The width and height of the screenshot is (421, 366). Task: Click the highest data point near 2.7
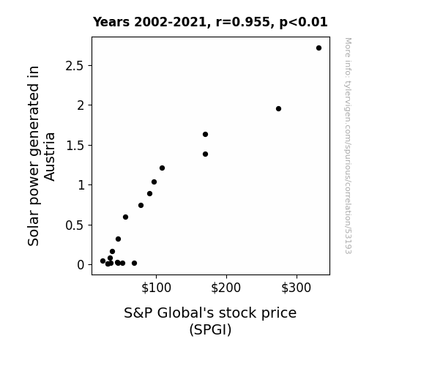318,48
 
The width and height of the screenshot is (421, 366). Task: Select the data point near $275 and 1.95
278,109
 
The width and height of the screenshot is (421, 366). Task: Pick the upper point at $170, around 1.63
206,134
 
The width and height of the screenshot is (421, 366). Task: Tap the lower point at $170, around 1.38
206,154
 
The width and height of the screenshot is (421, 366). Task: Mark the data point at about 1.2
162,168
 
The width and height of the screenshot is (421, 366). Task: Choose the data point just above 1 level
154,182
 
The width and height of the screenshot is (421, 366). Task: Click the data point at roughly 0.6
125,217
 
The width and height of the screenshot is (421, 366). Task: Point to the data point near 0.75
141,206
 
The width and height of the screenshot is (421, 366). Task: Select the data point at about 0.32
118,239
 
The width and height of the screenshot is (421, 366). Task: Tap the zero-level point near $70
135,264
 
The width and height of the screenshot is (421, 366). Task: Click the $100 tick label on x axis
156,288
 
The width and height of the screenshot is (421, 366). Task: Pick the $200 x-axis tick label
226,288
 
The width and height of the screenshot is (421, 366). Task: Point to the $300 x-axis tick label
296,288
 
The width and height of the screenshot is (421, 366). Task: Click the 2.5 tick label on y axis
75,66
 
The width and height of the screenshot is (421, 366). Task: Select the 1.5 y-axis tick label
75,146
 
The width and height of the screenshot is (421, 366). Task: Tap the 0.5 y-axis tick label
75,225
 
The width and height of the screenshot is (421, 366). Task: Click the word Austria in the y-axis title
49,157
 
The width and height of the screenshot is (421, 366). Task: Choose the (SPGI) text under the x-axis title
210,329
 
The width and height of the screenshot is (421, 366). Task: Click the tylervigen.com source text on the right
348,146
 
